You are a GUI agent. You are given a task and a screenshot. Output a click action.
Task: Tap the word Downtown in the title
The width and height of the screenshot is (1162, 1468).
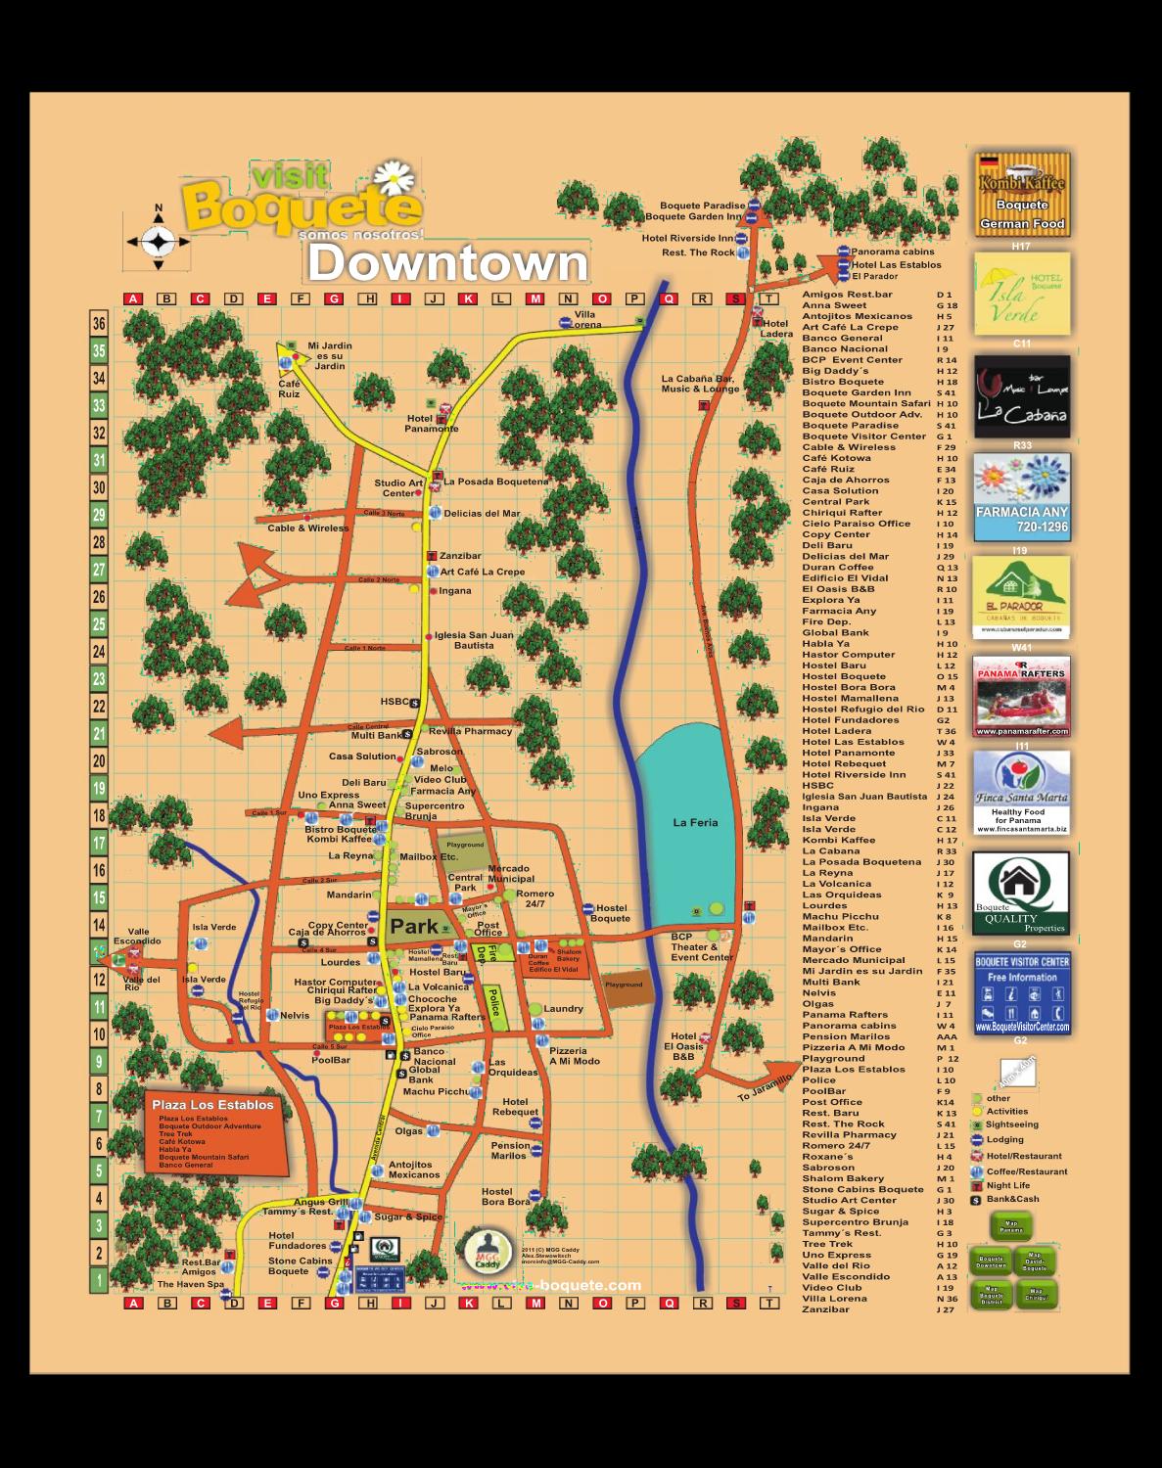(447, 263)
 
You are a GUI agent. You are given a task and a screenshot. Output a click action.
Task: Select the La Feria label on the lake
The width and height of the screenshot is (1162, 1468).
(695, 823)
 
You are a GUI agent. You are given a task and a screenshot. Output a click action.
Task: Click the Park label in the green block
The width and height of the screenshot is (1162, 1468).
(414, 926)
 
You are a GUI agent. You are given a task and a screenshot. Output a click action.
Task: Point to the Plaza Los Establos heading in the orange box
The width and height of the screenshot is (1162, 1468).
(212, 1105)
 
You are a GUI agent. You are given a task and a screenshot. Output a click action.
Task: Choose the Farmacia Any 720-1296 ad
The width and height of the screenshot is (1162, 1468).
(1021, 497)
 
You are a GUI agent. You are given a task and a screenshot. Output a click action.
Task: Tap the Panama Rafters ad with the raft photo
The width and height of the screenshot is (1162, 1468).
(1021, 697)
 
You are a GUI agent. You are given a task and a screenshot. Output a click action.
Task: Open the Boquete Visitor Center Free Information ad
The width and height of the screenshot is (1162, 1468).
(1021, 992)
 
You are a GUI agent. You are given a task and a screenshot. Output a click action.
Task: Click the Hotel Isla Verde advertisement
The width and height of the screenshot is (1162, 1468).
(1021, 295)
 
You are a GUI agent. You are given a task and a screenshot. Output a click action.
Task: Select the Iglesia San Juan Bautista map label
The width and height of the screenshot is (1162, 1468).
(474, 640)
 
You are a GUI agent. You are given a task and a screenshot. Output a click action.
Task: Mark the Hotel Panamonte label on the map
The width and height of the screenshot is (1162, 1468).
(431, 424)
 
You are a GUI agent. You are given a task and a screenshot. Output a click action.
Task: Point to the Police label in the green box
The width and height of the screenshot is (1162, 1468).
(493, 1001)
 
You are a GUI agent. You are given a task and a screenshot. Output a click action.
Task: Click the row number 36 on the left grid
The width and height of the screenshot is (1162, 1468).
(99, 324)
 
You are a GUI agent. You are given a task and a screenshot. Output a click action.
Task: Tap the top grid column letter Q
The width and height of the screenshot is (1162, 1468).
(670, 299)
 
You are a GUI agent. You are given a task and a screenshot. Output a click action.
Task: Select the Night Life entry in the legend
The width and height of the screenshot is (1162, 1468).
(1007, 1185)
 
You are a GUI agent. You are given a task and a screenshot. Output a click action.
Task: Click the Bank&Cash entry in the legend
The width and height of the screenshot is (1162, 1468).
(1012, 1199)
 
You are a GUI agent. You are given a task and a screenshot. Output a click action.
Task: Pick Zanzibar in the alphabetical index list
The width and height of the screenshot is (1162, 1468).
(826, 1309)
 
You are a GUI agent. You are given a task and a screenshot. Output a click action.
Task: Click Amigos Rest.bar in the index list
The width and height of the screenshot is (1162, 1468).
(847, 295)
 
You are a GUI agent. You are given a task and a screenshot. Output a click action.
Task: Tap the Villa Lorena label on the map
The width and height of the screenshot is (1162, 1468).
(585, 320)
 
